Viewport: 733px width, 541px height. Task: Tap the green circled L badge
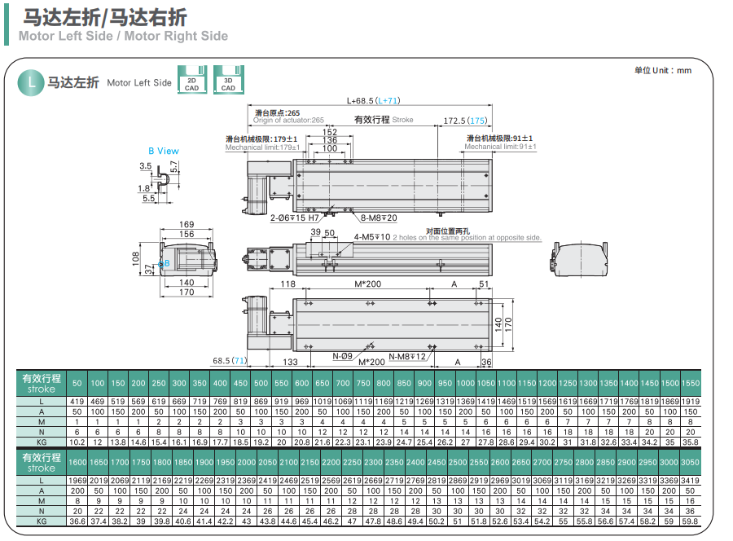pyautogui.click(x=31, y=81)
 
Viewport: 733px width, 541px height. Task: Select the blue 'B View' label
pyautogui.click(x=163, y=151)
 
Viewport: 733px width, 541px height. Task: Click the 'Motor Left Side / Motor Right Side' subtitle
pyautogui.click(x=123, y=36)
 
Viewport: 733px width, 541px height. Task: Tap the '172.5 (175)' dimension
pyautogui.click(x=465, y=121)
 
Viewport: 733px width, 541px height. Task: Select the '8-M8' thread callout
pyautogui.click(x=379, y=218)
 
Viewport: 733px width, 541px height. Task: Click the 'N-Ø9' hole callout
pyautogui.click(x=342, y=356)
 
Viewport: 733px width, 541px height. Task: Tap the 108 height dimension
pyautogui.click(x=137, y=258)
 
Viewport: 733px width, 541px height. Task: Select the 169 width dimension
pyautogui.click(x=187, y=224)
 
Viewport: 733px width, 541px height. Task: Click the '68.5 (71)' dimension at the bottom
pyautogui.click(x=230, y=360)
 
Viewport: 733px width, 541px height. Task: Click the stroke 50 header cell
pyautogui.click(x=77, y=383)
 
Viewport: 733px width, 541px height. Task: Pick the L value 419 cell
pyautogui.click(x=77, y=402)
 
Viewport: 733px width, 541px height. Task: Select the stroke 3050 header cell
pyautogui.click(x=690, y=462)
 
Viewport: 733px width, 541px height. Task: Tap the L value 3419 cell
pyautogui.click(x=690, y=482)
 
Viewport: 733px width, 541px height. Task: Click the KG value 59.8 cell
pyautogui.click(x=690, y=521)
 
